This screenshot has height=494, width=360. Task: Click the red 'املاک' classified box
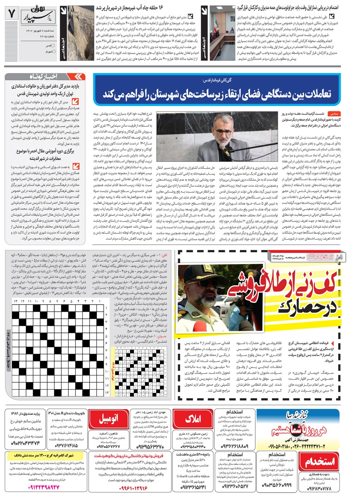(x=193, y=419)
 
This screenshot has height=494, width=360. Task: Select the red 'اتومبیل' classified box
(x=113, y=419)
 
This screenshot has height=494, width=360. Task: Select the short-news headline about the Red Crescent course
(x=45, y=155)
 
